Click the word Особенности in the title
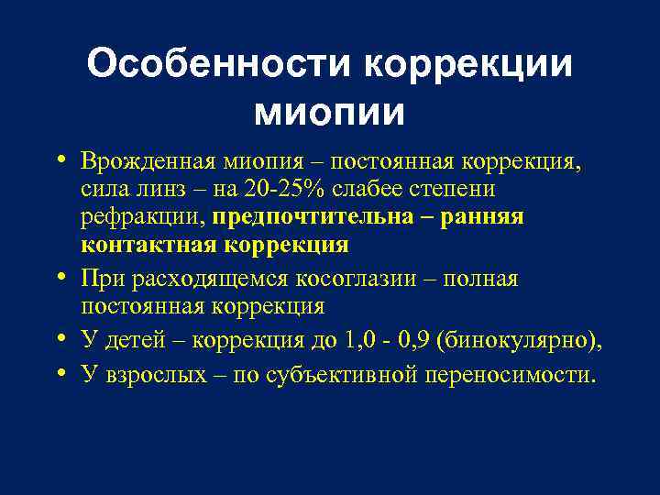(217, 65)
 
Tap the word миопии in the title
(329, 112)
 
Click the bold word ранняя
(490, 217)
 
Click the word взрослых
(150, 374)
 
